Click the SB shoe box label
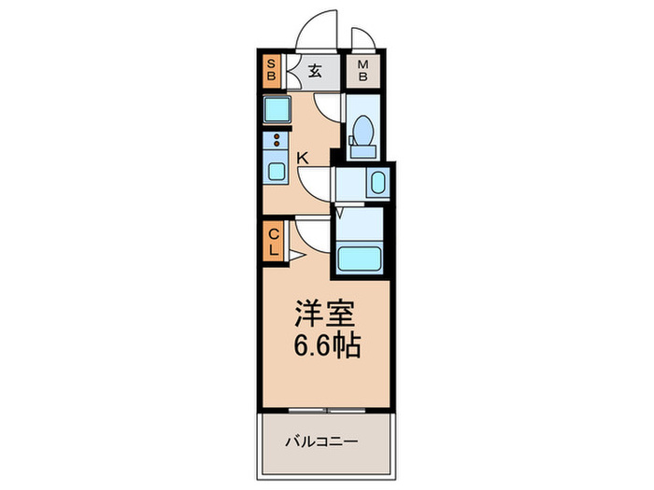point(272,70)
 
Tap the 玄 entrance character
point(316,71)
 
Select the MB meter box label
point(363,71)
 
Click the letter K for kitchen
point(302,158)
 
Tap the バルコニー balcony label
point(322,441)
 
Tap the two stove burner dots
point(276,141)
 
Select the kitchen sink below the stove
point(277,172)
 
